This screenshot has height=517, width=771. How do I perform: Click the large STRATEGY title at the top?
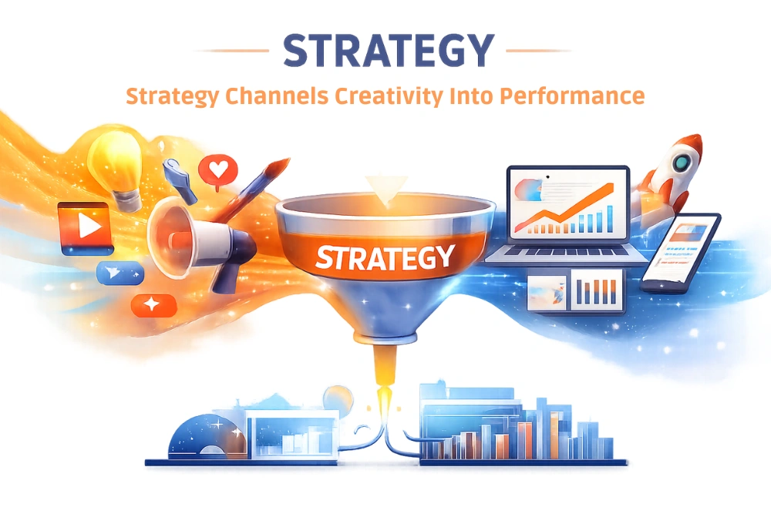[387, 51]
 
